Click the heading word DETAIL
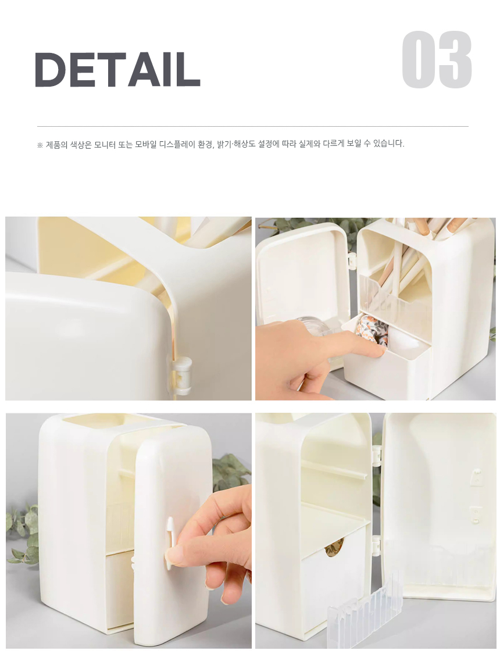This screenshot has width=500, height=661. click(x=117, y=69)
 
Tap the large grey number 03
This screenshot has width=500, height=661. click(x=436, y=60)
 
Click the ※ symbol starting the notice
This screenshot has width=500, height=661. click(x=40, y=145)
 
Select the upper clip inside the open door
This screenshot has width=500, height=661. click(x=476, y=476)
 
